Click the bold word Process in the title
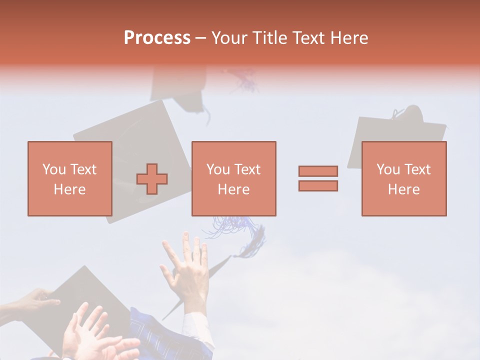coord(157,38)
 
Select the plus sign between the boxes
coord(152,178)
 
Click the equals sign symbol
coord(318,178)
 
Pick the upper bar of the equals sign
coord(318,171)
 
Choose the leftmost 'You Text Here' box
coord(70,178)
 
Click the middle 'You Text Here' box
coord(233,178)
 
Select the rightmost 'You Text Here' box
coord(403,178)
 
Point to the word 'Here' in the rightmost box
coord(403,189)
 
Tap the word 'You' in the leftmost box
coord(54,169)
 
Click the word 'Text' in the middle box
coord(247,169)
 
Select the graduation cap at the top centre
coord(180,87)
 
